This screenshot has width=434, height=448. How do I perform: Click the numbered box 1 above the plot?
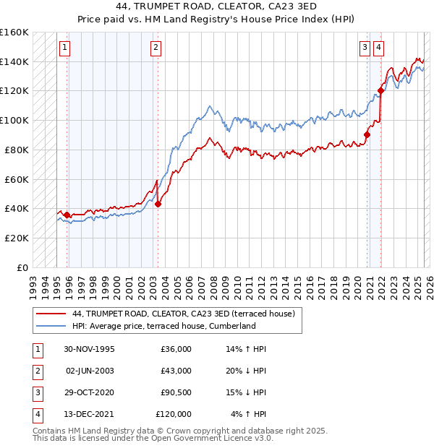click(65, 48)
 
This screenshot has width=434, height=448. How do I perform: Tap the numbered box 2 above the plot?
click(156, 48)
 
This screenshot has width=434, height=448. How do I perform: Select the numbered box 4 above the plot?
click(378, 48)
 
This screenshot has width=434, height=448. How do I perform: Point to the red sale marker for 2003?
click(158, 204)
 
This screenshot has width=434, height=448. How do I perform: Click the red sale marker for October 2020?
click(367, 134)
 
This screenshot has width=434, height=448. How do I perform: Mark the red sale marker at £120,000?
click(380, 90)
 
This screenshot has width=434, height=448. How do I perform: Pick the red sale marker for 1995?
click(67, 215)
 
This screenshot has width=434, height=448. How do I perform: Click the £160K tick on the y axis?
click(14, 33)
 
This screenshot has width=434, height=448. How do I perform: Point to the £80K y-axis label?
click(16, 150)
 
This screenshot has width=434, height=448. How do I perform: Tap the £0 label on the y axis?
click(23, 267)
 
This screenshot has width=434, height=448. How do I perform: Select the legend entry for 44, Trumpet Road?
click(183, 314)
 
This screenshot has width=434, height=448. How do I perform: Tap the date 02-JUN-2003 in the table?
click(90, 371)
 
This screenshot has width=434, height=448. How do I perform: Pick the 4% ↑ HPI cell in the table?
click(249, 414)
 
